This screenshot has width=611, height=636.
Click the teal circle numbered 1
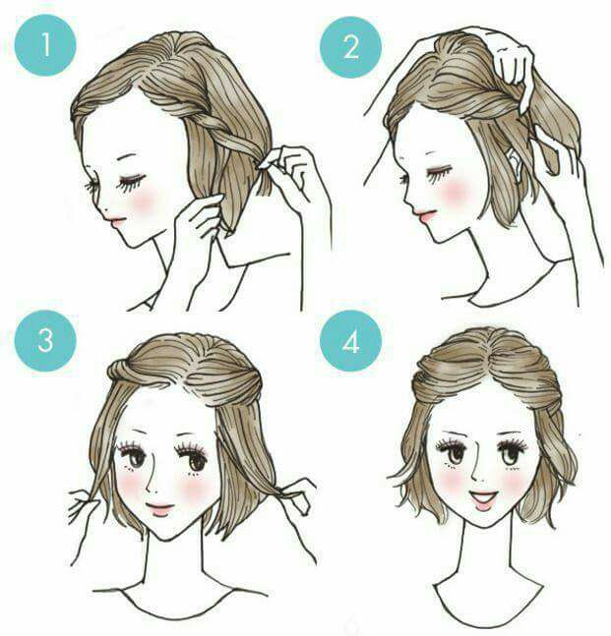45,45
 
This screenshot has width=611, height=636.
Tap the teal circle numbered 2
351,47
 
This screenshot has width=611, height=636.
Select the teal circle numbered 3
45,341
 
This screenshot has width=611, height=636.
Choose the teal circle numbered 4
351,341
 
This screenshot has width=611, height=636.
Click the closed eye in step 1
131,182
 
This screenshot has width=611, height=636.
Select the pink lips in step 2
424,215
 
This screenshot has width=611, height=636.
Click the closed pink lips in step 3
159,508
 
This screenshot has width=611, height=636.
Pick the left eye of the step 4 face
452,452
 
